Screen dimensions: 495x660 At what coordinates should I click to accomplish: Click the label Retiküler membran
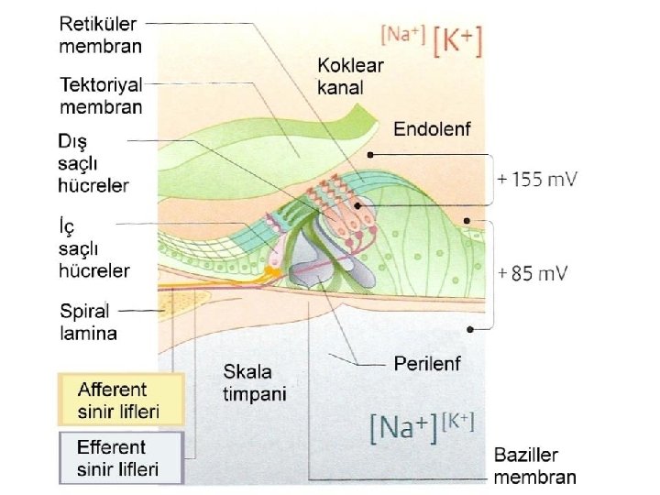pyautogui.click(x=101, y=33)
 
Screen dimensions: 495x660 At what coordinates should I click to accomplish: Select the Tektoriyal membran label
pyautogui.click(x=101, y=95)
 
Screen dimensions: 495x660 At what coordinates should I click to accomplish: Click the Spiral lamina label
pyautogui.click(x=89, y=321)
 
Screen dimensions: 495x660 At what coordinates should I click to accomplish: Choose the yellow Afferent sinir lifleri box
pyautogui.click(x=121, y=399)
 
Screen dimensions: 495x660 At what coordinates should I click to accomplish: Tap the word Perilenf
pyautogui.click(x=426, y=364)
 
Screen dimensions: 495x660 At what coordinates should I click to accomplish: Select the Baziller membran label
pyautogui.click(x=535, y=466)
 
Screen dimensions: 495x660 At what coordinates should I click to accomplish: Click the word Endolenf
pyautogui.click(x=432, y=129)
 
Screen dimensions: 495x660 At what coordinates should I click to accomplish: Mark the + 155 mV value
pyautogui.click(x=537, y=181)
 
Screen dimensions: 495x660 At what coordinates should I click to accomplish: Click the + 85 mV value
pyautogui.click(x=532, y=273)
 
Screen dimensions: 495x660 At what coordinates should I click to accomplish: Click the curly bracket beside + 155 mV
pyautogui.click(x=486, y=181)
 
